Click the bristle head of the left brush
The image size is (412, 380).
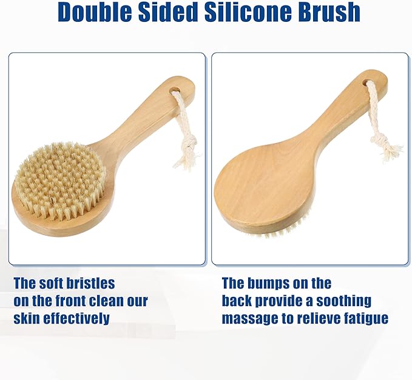[x=59, y=179]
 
